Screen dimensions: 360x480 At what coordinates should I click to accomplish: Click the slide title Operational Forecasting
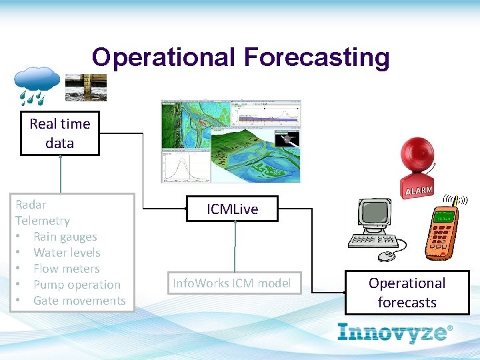click(x=240, y=57)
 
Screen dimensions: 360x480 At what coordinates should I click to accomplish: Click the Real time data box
click(x=59, y=133)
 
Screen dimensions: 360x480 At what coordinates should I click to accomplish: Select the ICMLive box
click(x=232, y=209)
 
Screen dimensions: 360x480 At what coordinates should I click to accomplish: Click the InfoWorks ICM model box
click(x=232, y=283)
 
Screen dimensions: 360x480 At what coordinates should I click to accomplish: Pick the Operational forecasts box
click(x=407, y=293)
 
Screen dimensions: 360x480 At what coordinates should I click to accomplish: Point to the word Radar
click(x=31, y=205)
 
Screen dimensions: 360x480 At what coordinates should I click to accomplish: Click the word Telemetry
click(x=43, y=221)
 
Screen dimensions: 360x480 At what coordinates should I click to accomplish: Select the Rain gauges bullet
click(x=65, y=237)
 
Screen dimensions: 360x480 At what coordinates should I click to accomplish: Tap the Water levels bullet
click(x=67, y=253)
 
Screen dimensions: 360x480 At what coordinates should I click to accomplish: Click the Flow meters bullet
click(x=66, y=269)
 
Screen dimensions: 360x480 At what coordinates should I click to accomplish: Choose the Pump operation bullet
click(x=77, y=285)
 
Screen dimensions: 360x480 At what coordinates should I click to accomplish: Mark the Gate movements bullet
click(x=79, y=301)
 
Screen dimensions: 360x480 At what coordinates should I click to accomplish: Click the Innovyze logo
click(x=395, y=332)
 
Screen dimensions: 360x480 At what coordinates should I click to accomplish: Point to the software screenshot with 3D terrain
click(x=231, y=141)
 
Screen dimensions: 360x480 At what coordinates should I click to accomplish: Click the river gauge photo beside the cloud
click(x=90, y=85)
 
